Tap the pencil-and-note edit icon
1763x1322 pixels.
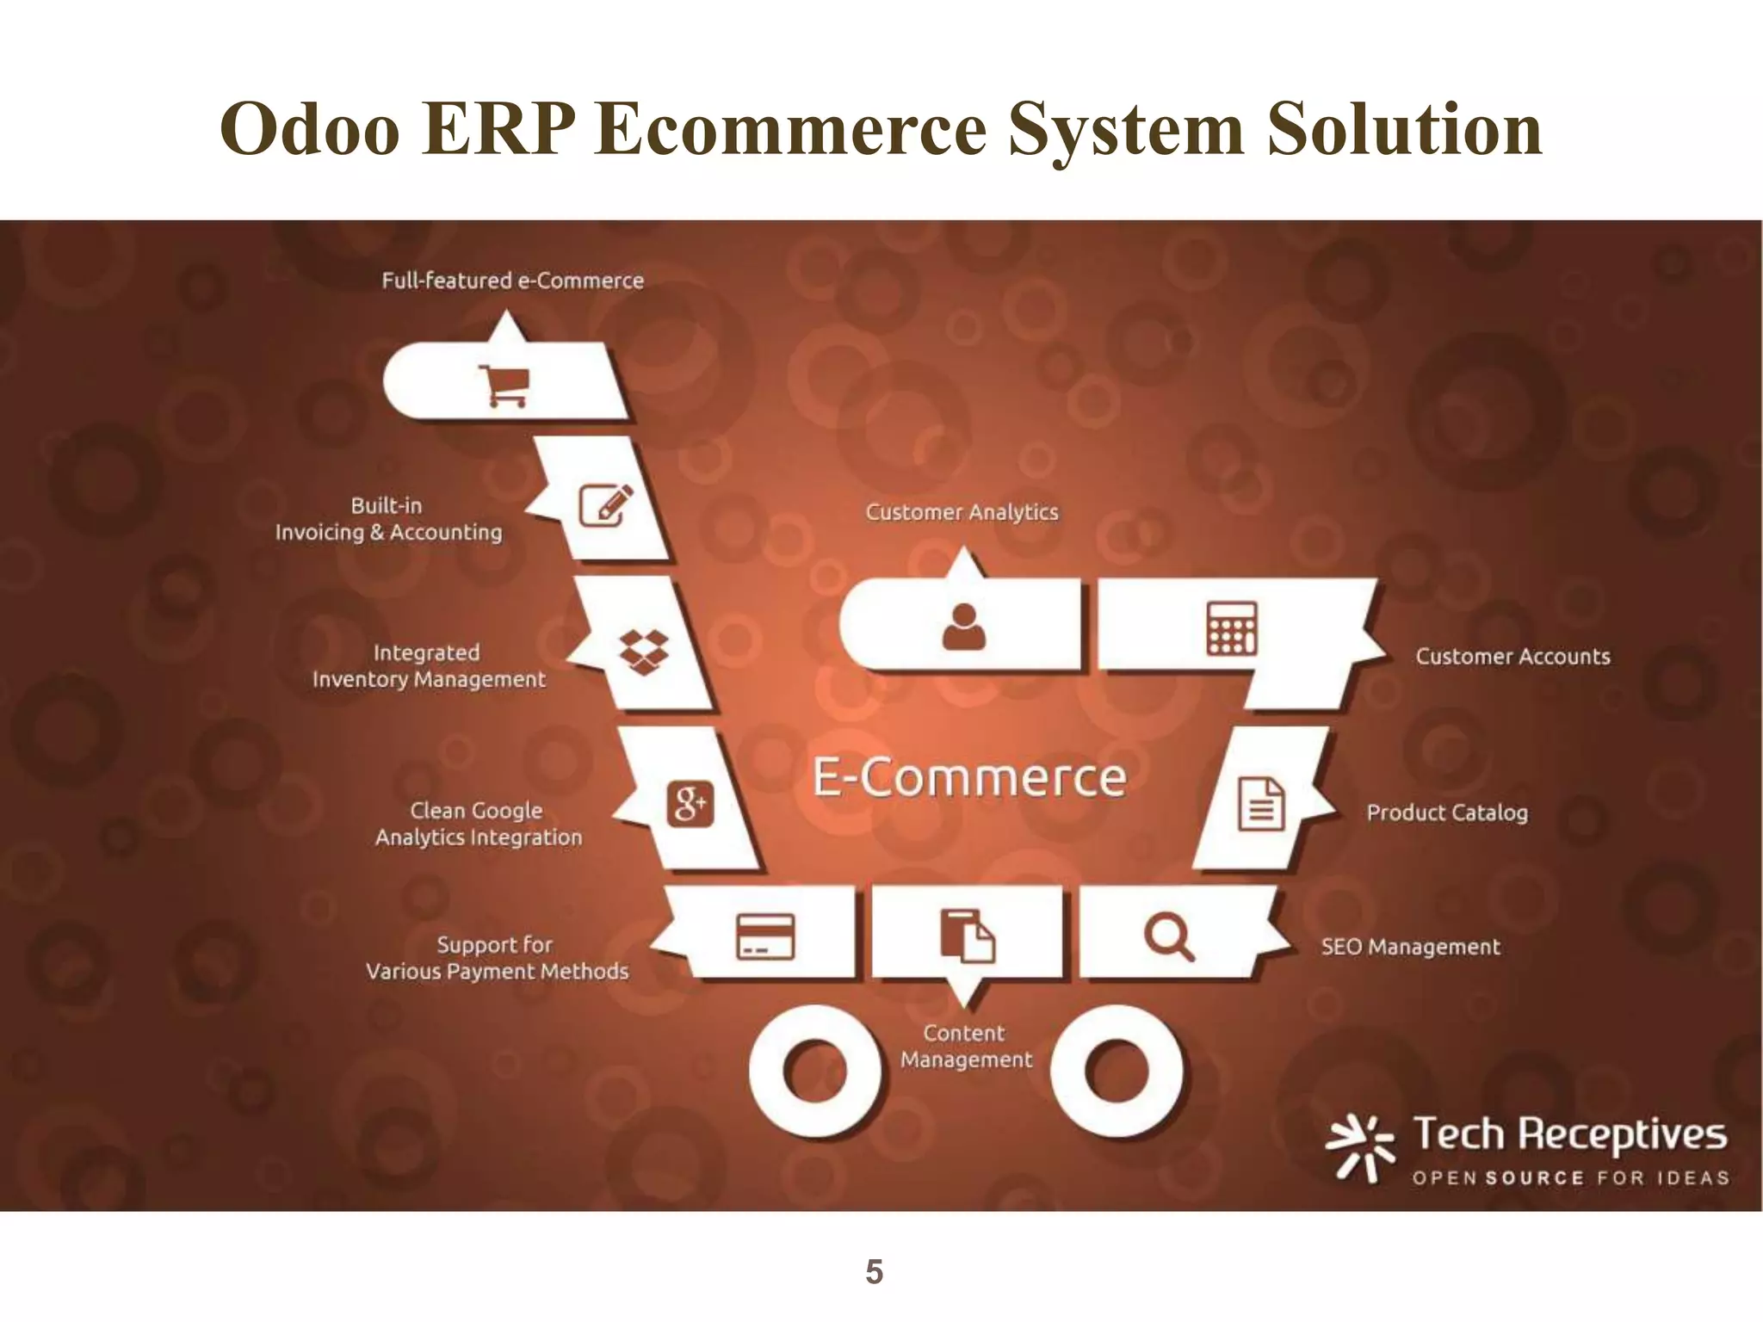[605, 504]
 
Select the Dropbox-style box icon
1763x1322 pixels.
[644, 652]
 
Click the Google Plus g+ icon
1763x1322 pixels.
[690, 804]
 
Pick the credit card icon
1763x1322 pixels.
[765, 936]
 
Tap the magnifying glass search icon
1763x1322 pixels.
[1168, 936]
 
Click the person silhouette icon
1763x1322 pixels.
[963, 626]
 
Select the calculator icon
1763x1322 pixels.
[1231, 628]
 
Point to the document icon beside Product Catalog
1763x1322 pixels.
[1261, 804]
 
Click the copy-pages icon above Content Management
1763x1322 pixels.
[967, 935]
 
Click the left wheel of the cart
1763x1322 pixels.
[814, 1072]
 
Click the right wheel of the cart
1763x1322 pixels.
[1117, 1072]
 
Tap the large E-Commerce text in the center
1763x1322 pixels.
[969, 777]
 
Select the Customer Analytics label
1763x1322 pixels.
[962, 512]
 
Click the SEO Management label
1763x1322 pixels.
[1410, 947]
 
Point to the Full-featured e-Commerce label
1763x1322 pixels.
[512, 281]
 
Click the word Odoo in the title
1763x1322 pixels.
[310, 129]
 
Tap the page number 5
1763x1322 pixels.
[874, 1271]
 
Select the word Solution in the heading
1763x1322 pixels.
[1404, 129]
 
